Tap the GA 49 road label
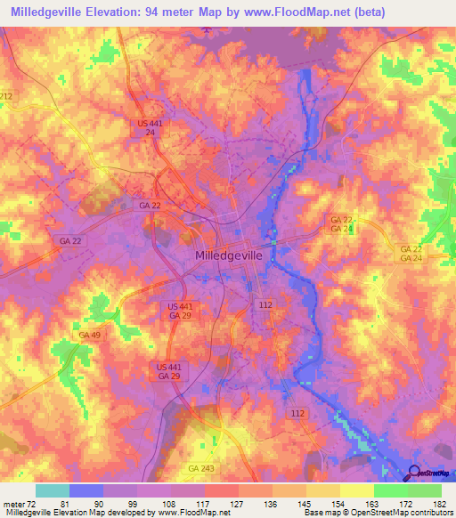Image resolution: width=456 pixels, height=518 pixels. click(88, 335)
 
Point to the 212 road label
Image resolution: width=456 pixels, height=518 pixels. click(6, 96)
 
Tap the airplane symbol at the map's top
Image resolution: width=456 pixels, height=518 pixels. click(208, 30)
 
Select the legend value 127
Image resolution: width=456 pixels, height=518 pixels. click(211, 505)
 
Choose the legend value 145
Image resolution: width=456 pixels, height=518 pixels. click(281, 505)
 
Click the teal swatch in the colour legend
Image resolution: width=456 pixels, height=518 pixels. click(52, 491)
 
